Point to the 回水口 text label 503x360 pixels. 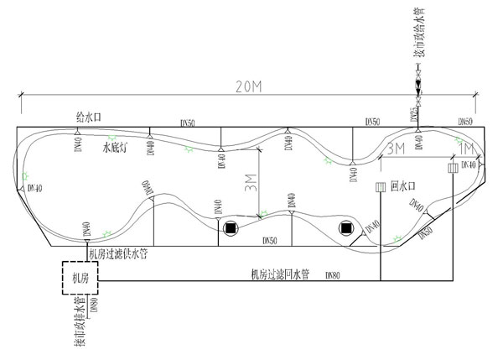coord(405,185)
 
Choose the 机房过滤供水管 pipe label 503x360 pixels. coord(117,252)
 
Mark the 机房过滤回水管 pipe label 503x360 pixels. coord(280,274)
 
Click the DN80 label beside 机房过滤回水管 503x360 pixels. coord(332,275)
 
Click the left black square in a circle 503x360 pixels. coord(230,227)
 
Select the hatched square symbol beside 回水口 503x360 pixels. coord(379,186)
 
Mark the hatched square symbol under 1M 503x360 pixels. coord(453,167)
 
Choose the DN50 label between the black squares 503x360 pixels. coord(270,241)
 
